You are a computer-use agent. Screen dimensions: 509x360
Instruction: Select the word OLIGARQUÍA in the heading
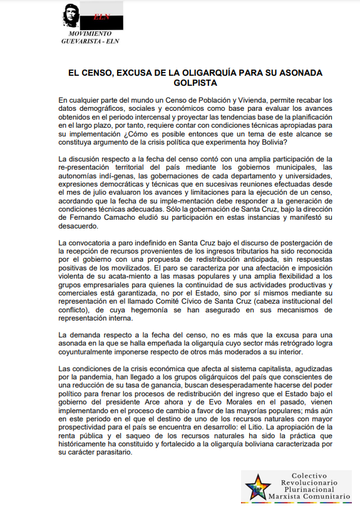(192, 73)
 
